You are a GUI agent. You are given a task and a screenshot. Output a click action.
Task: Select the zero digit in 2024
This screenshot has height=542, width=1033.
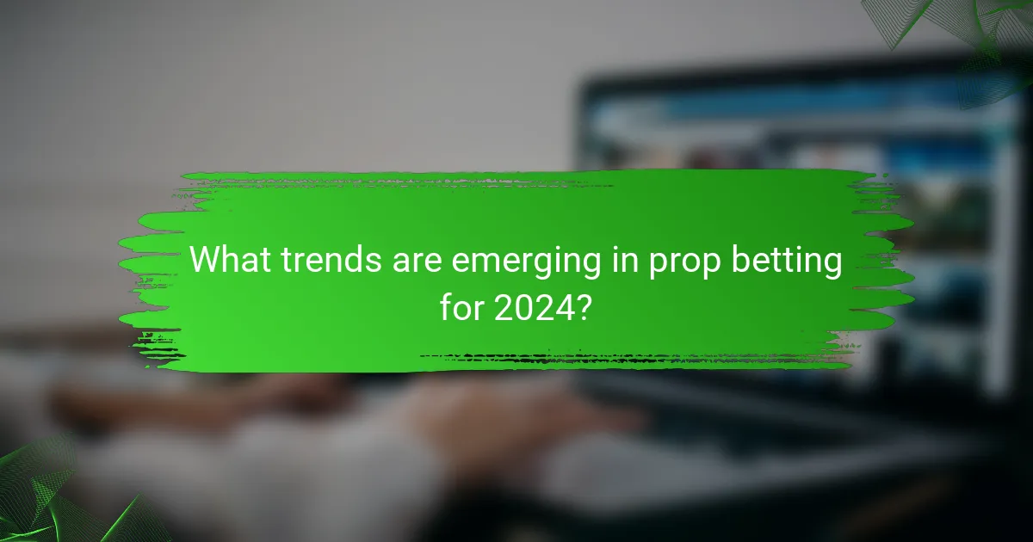[x=523, y=306]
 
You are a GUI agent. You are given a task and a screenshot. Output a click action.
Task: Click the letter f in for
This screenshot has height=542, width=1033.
[x=445, y=306]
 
